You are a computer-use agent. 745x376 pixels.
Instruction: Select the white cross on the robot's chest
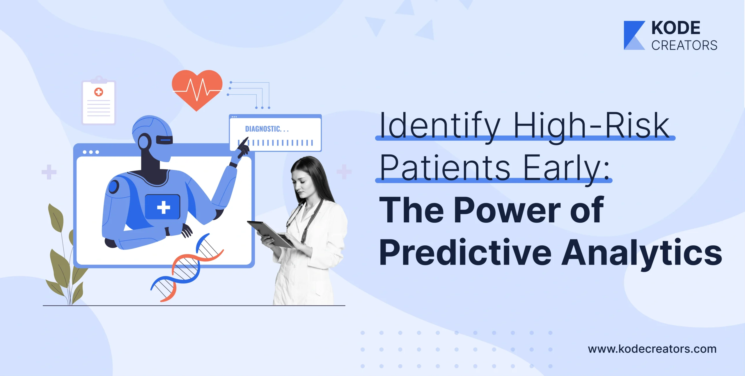click(x=163, y=207)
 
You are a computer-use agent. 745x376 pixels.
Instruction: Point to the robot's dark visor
click(x=164, y=140)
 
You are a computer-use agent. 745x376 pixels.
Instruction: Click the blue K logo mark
click(x=634, y=35)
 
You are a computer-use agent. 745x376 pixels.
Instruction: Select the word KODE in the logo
click(x=676, y=28)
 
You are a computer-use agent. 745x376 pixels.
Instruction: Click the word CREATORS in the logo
click(x=684, y=45)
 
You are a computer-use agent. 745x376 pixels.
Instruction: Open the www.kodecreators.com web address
click(x=652, y=349)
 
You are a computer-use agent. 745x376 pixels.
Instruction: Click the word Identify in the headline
click(x=440, y=126)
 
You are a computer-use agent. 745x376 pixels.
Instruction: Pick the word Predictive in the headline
click(x=465, y=252)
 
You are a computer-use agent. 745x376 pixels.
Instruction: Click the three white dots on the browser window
click(x=91, y=152)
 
